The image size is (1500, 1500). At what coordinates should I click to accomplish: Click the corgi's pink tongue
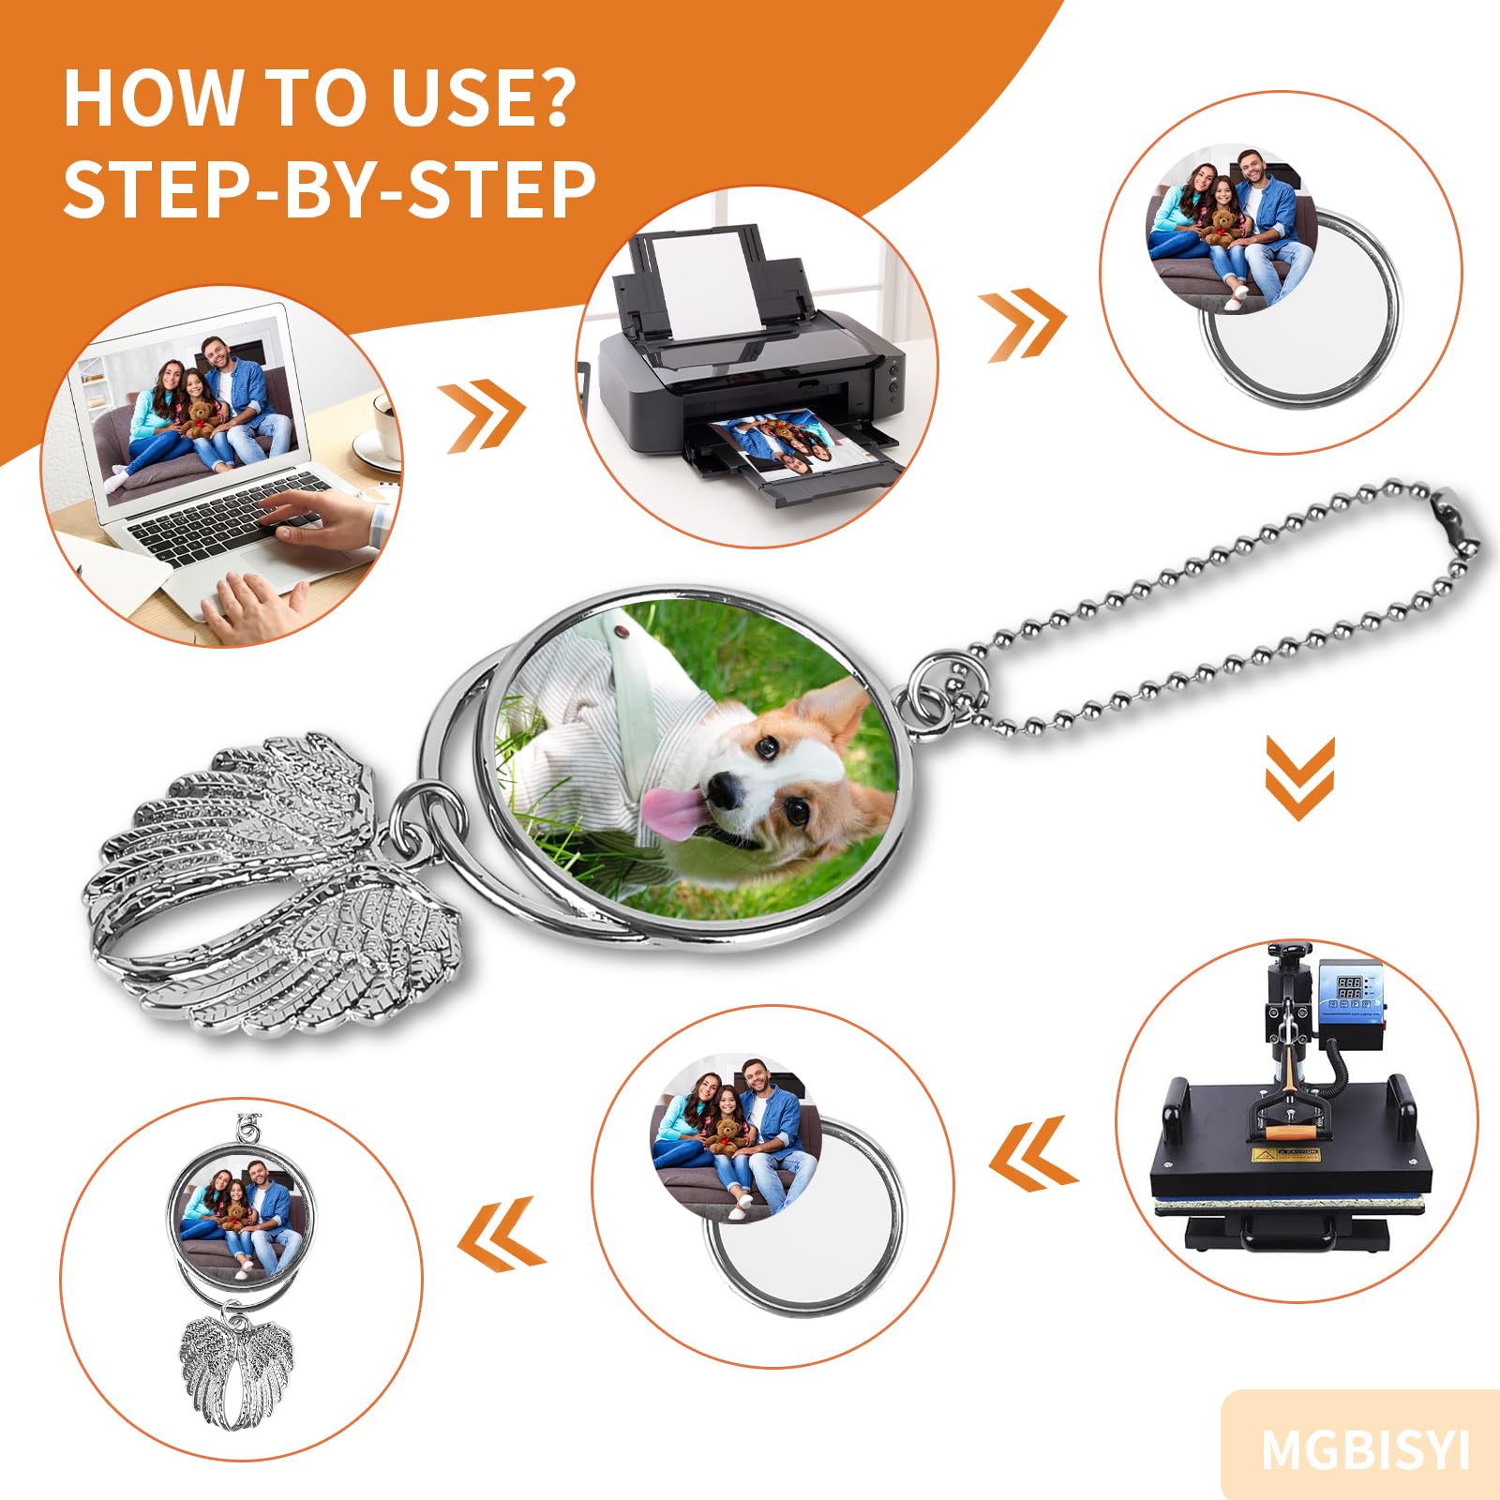point(671,812)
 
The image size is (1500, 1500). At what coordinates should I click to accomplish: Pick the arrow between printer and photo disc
point(1024,324)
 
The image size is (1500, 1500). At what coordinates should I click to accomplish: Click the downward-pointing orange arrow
point(1299,777)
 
